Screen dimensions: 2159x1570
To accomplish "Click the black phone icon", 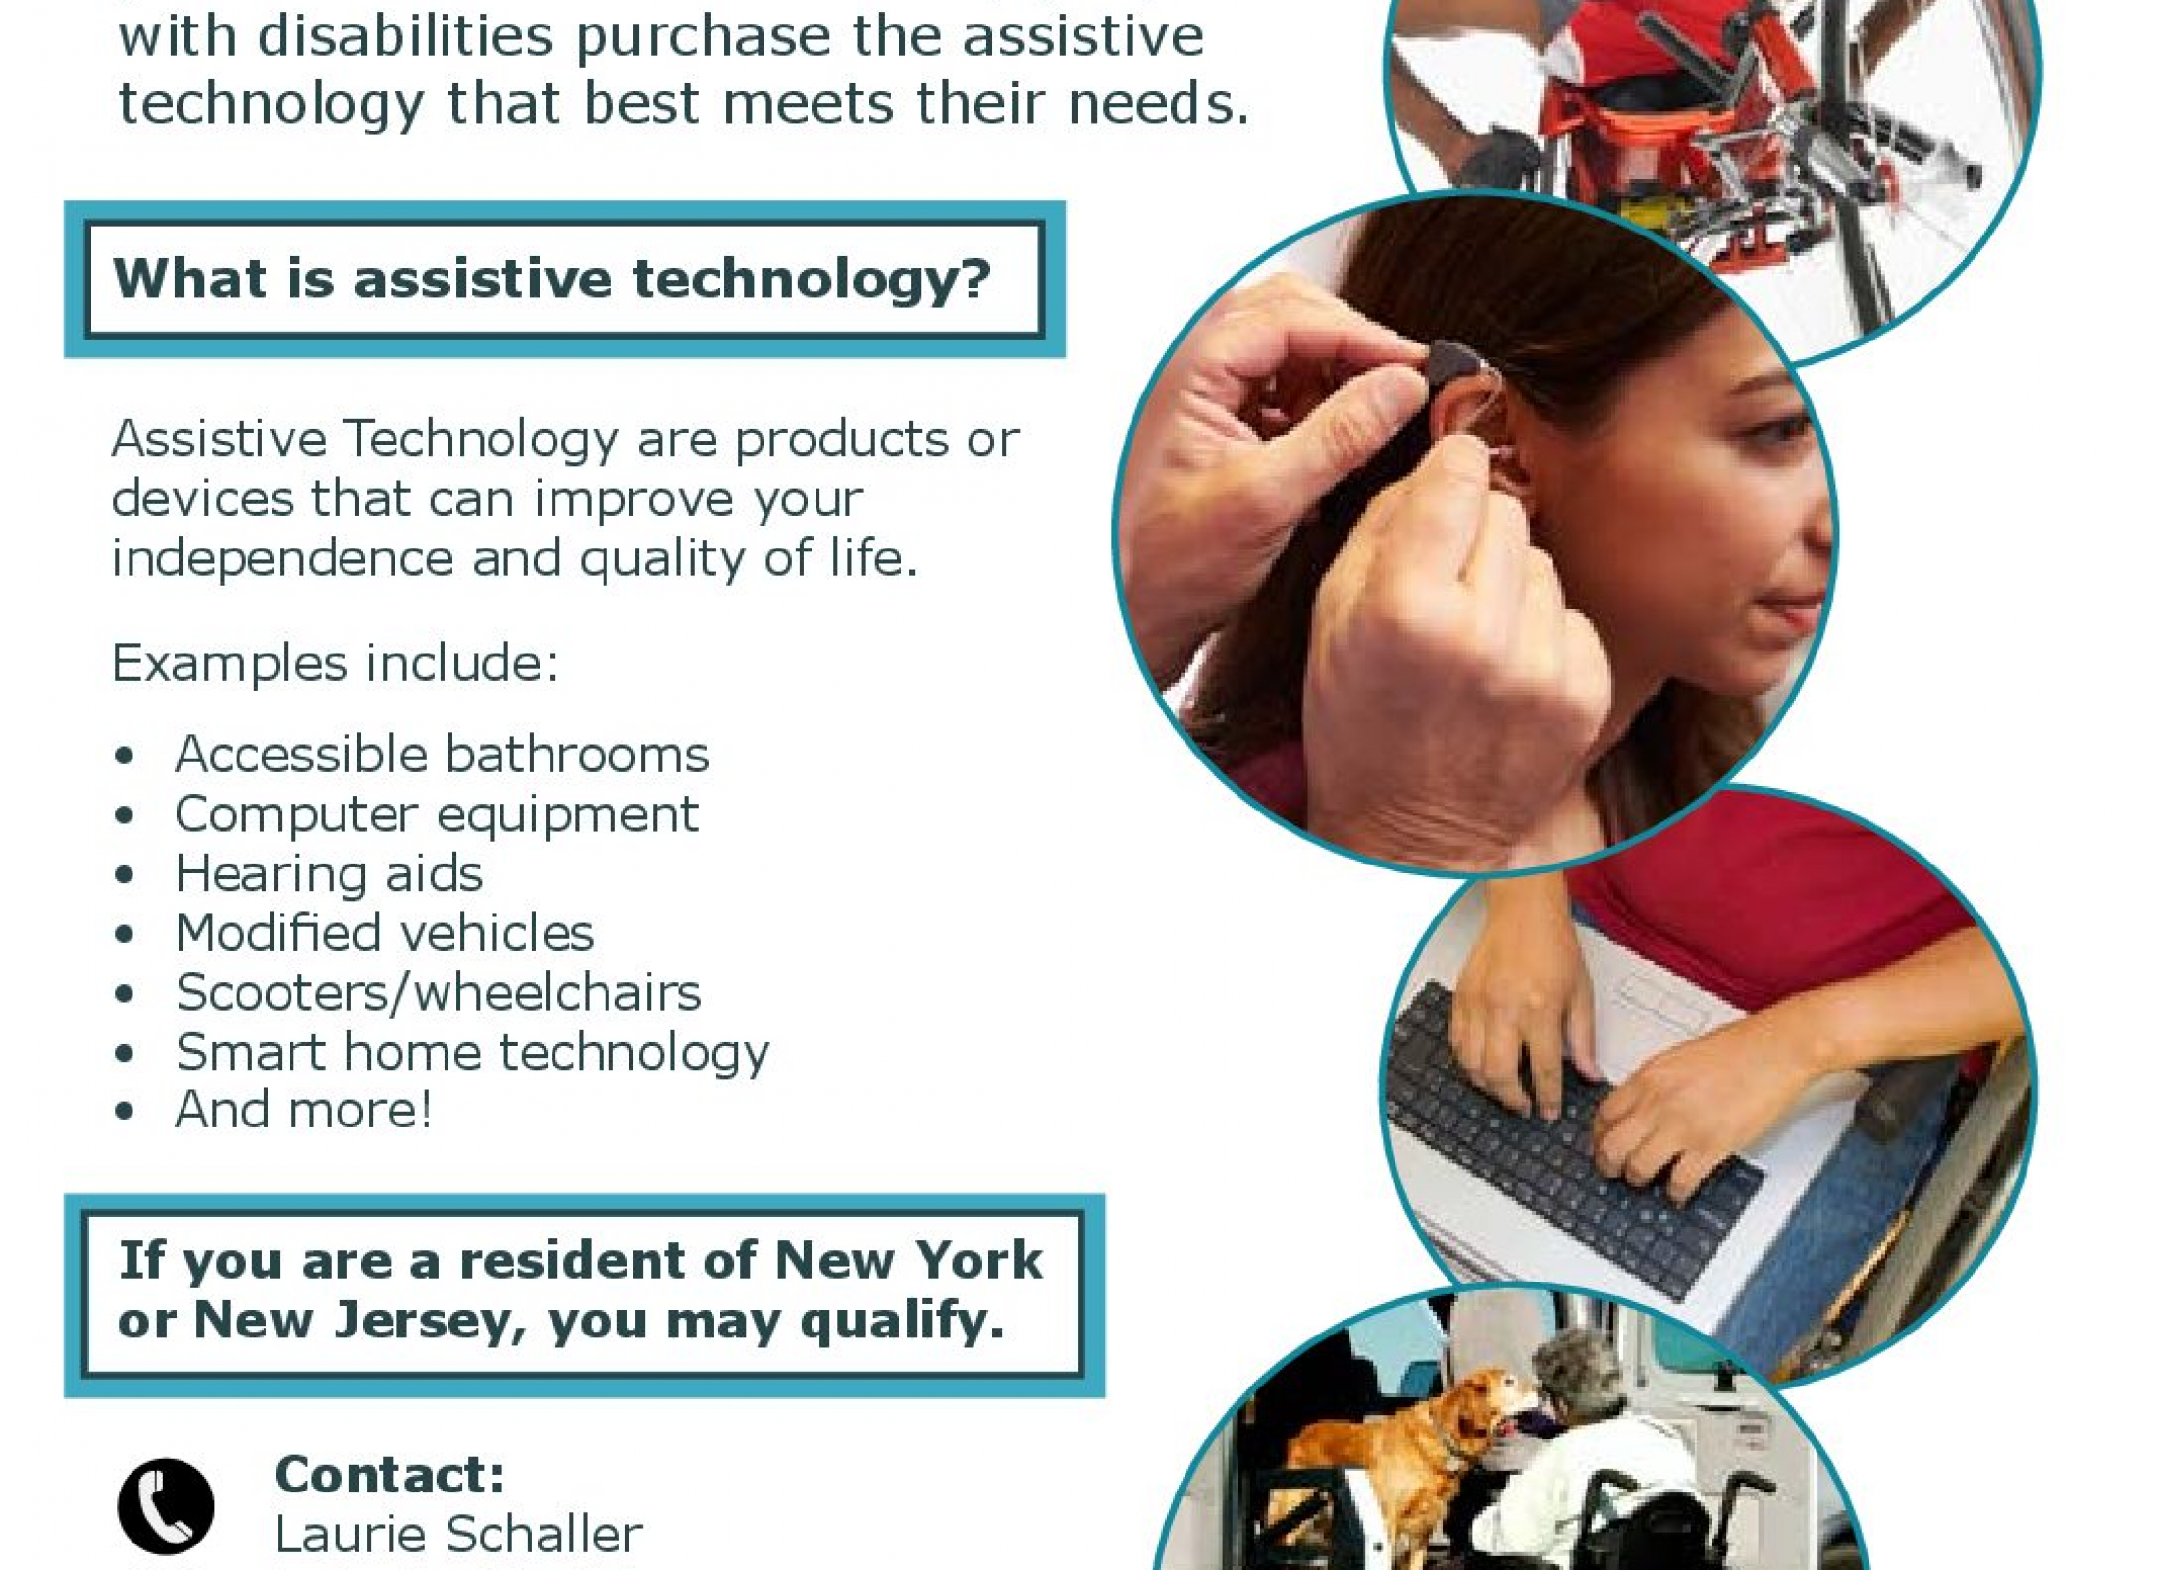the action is (x=165, y=1506).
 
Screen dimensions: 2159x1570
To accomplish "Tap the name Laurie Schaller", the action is (x=457, y=1535).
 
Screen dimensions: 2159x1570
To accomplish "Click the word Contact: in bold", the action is (x=390, y=1474).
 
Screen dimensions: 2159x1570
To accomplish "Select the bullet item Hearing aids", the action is (x=329, y=873).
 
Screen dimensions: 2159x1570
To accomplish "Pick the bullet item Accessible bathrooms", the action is (x=442, y=754).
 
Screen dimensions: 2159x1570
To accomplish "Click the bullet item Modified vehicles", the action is (x=385, y=932).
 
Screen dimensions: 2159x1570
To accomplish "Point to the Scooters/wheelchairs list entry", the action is (x=439, y=992).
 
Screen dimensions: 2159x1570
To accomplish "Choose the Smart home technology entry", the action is (x=473, y=1053).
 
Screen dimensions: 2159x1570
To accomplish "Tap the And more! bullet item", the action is (x=304, y=1110).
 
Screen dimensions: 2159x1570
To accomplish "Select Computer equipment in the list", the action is (x=437, y=814).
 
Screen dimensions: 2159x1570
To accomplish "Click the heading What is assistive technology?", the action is (x=553, y=279).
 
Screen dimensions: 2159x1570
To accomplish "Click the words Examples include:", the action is (x=336, y=662).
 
